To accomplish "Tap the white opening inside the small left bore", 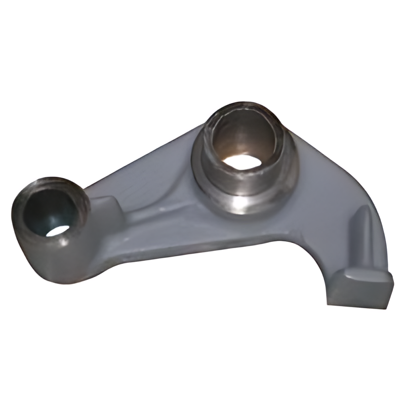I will click(59, 230).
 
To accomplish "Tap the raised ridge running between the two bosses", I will click(167, 213).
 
